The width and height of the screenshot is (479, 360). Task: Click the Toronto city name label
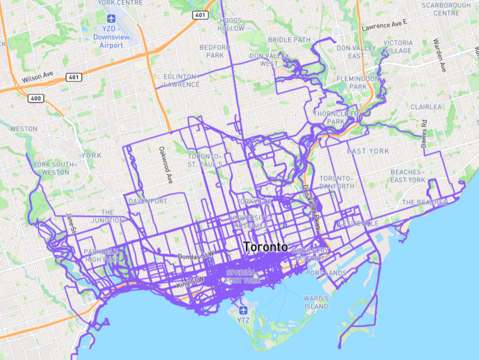point(265,247)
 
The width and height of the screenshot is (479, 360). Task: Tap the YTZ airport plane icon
point(243,310)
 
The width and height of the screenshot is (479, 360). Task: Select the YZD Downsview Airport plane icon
point(111,18)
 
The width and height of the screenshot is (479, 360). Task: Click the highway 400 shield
point(36,98)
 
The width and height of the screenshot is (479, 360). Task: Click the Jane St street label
point(68,223)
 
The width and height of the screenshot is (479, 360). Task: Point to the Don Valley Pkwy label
point(312,208)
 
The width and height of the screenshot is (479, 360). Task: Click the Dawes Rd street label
point(424,133)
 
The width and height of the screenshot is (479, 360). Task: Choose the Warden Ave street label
point(440,55)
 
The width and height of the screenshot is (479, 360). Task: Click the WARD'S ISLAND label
point(316,303)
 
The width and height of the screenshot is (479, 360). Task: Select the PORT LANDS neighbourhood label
point(326,273)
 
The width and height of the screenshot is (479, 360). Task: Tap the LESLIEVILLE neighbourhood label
point(358,224)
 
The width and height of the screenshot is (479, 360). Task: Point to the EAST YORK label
point(368,151)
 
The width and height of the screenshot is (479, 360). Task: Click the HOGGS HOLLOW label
point(231,24)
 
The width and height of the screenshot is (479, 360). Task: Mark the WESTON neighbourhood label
point(23,129)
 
